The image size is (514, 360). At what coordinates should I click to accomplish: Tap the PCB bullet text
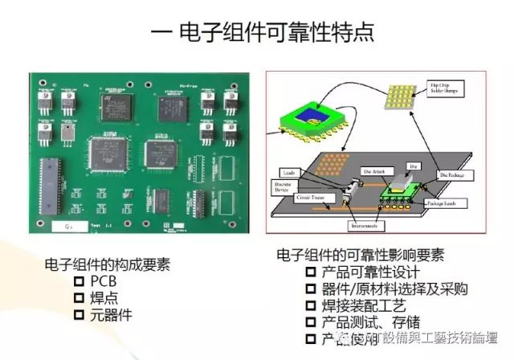[104, 280]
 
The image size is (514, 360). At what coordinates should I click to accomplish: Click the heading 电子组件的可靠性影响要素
[360, 255]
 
